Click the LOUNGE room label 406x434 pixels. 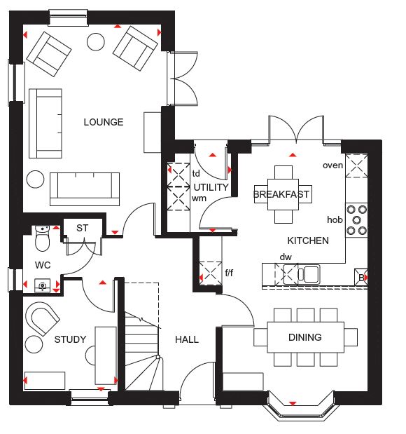pos(104,122)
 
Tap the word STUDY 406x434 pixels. pos(70,339)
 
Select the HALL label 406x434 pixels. pos(187,339)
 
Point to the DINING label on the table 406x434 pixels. pos(304,337)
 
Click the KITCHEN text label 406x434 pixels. pos(308,240)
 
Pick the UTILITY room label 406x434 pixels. pos(211,187)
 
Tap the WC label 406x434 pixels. pos(43,265)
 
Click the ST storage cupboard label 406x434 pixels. pos(82,228)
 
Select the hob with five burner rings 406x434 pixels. pos(356,220)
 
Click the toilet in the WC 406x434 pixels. pos(42,238)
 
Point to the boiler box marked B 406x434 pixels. pos(361,277)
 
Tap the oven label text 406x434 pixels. pos(332,165)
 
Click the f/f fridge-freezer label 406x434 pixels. pos(229,273)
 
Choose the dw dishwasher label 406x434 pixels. pos(286,257)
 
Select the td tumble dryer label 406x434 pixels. pos(196,174)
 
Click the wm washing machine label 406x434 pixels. pos(199,198)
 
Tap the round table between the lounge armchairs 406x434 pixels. pos(96,42)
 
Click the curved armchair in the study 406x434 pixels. pos(42,318)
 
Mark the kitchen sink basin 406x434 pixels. pos(311,274)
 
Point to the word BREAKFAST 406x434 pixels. pos(281,194)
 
